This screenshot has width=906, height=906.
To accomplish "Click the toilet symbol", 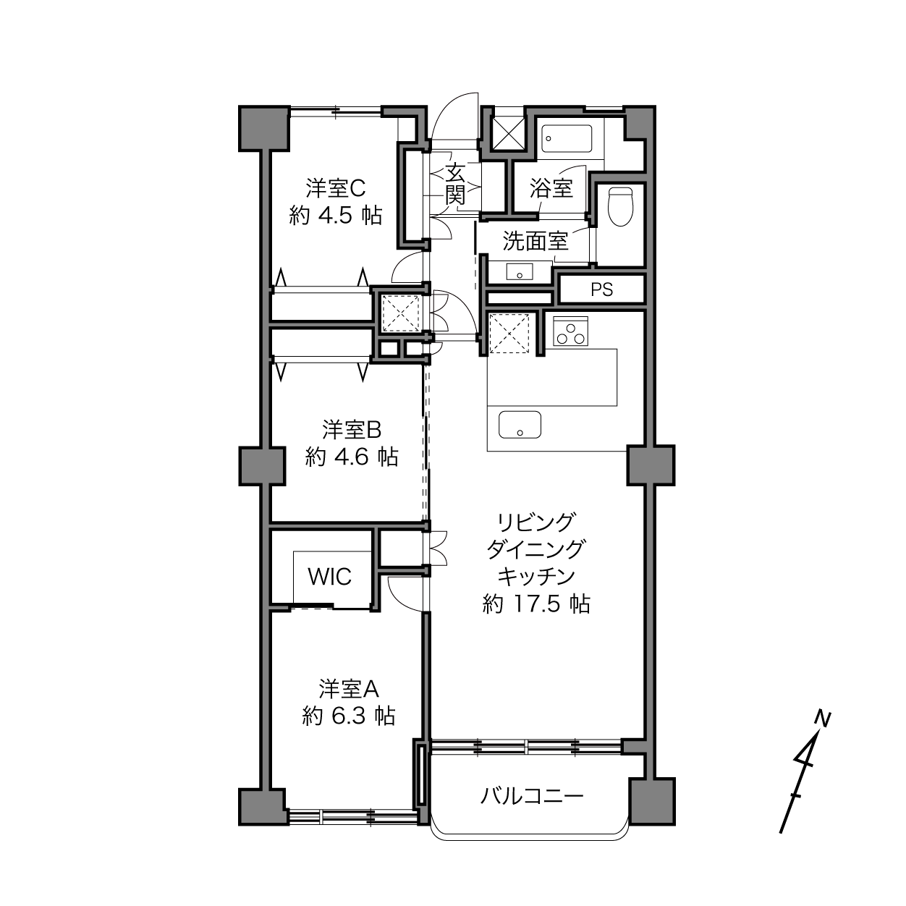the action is pos(620,206).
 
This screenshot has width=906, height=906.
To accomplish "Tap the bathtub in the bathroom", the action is pos(566,138).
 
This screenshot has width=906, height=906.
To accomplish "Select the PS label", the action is pos(601,289).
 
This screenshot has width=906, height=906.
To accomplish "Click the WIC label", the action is pos(329,577).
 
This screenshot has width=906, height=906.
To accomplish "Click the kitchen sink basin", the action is pos(520,425).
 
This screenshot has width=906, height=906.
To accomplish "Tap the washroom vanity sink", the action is pos(520,272).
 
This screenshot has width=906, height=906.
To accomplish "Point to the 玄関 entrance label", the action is pos(455,184).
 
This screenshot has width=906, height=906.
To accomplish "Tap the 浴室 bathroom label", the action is pos(551,188).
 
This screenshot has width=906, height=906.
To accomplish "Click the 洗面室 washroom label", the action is pos(535,241).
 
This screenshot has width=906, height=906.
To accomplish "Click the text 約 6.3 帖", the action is pos(348,716).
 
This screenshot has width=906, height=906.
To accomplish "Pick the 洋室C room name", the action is pos(336,188).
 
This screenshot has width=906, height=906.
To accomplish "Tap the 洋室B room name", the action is pos(352,429).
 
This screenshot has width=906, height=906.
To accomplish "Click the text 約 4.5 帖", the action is pos(335,216).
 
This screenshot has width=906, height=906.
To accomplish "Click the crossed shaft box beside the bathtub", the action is pos(508,133).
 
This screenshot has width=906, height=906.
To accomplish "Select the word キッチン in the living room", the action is pos(536,577).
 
